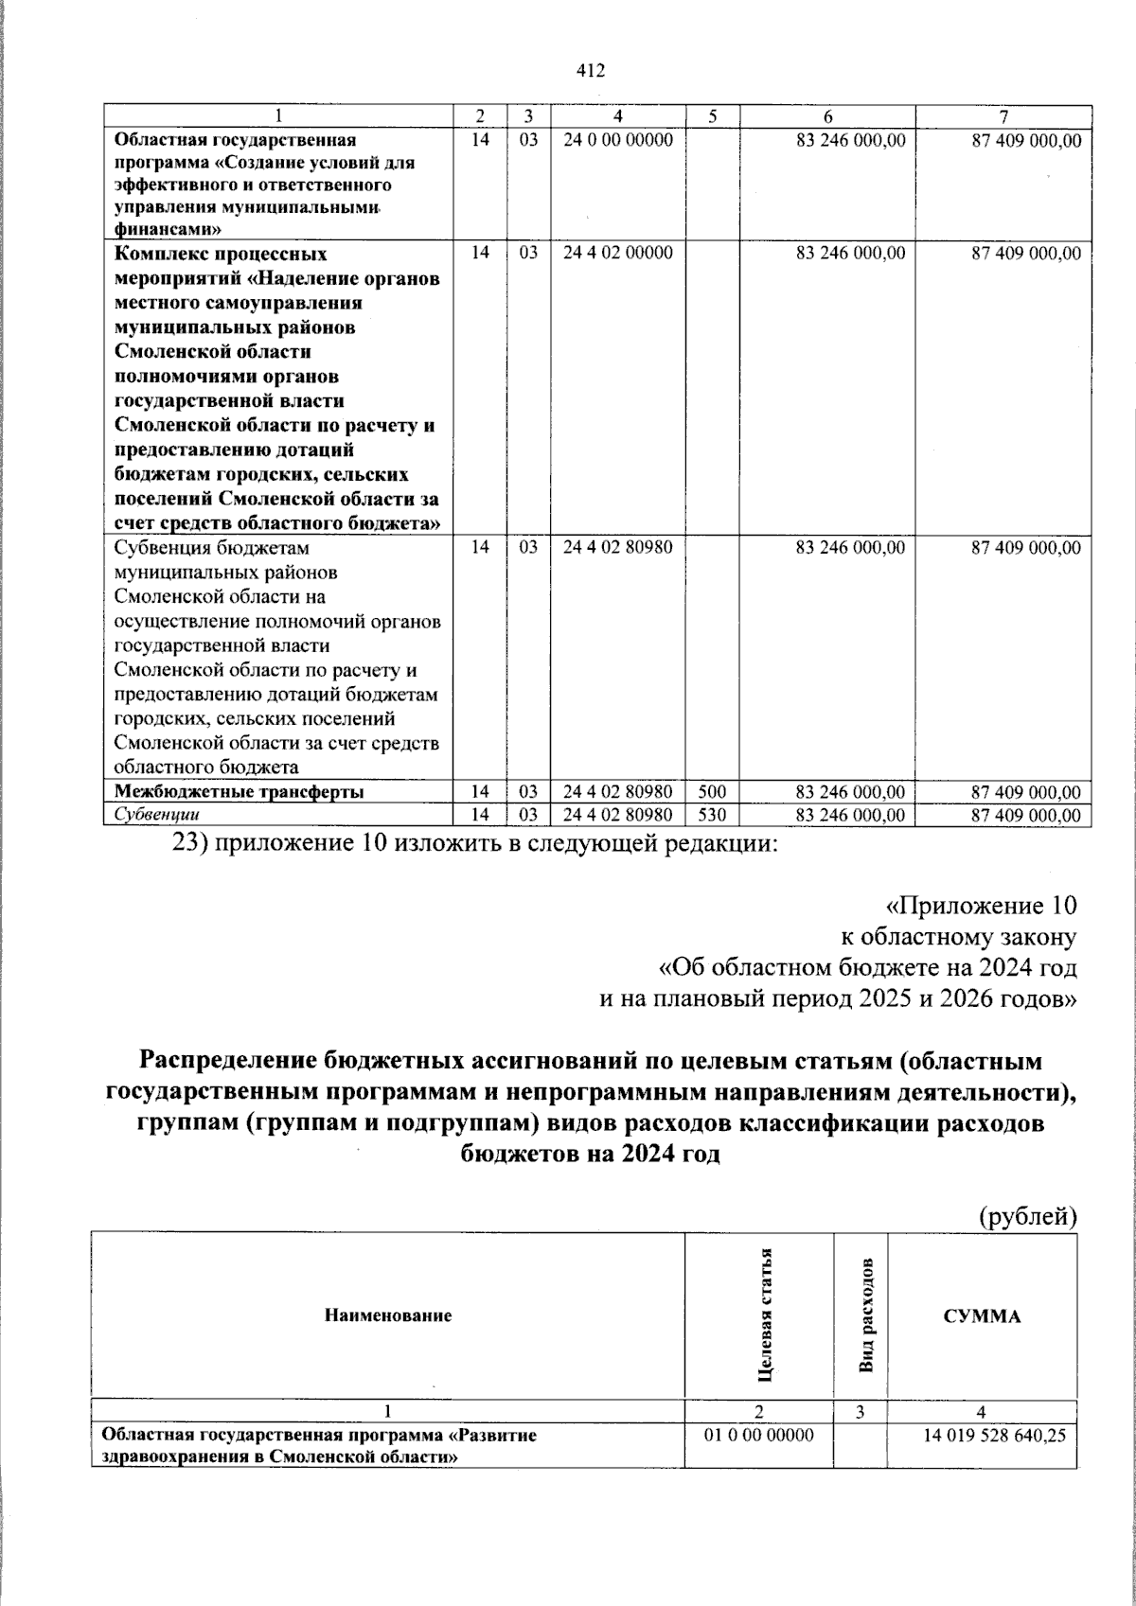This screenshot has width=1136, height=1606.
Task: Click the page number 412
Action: coord(590,71)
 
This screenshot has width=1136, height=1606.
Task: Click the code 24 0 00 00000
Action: coord(617,140)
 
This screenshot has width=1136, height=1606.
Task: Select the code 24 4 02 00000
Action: coord(617,253)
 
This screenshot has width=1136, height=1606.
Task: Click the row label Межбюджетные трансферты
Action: coord(239,792)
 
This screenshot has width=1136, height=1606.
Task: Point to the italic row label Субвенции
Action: coord(156,815)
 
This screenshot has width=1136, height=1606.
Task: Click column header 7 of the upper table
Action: coord(1004,116)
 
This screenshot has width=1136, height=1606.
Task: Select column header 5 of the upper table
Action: coord(712,116)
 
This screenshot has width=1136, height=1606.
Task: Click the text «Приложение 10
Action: coord(981,906)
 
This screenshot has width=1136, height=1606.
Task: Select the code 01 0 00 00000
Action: coord(758,1462)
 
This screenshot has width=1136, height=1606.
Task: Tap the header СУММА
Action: coord(982,1316)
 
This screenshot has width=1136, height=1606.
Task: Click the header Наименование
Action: coord(388,1315)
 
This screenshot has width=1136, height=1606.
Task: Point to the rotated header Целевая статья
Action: coord(764,1315)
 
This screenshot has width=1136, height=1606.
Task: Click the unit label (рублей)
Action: coord(1028,1216)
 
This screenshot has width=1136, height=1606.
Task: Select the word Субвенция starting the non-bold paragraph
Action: coord(157,548)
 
